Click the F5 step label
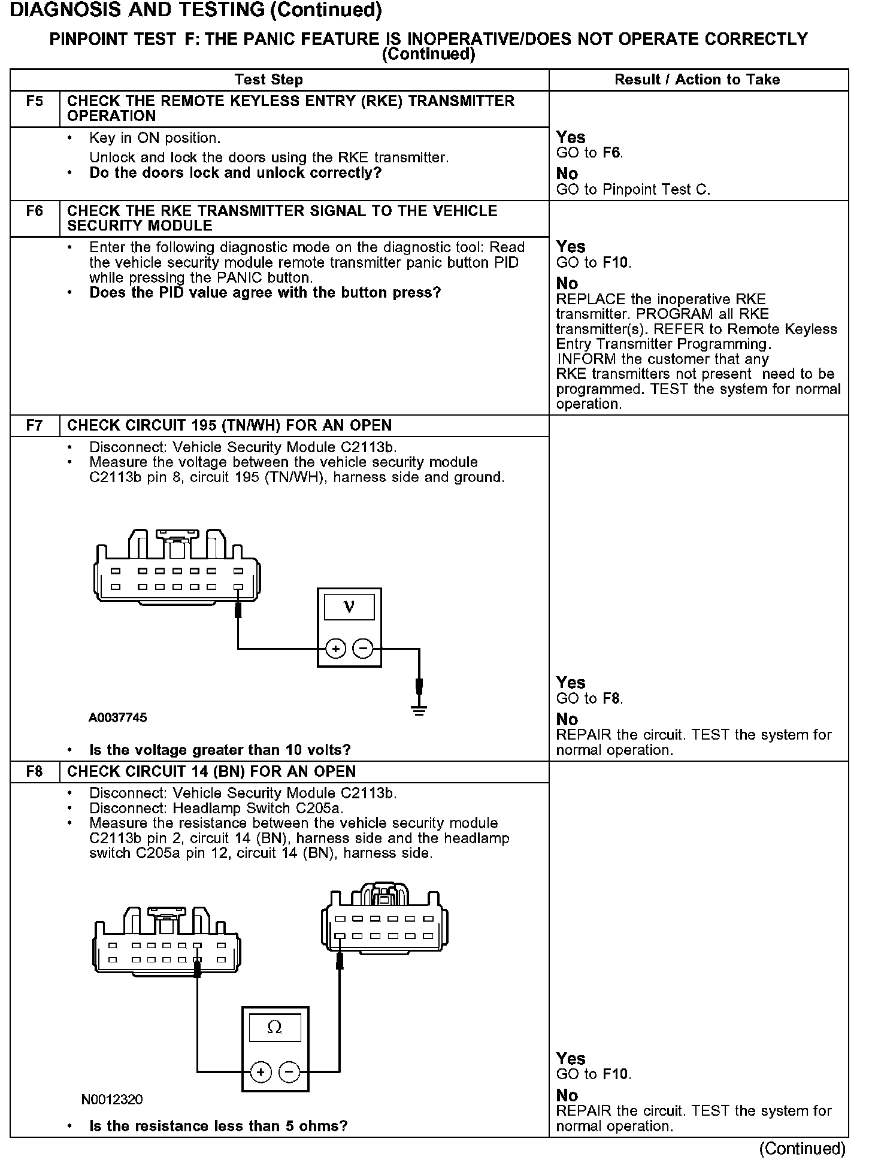(35, 101)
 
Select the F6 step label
(35, 211)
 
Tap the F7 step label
(35, 426)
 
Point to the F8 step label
(35, 772)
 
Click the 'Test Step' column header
(269, 80)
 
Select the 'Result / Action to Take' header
(697, 80)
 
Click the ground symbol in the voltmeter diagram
(419, 711)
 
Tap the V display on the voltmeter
(349, 607)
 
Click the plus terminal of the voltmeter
(335, 649)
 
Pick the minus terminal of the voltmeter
(363, 649)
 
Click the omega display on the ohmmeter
(275, 1028)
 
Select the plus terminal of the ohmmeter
(261, 1071)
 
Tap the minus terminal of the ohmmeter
(289, 1071)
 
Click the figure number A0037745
(117, 717)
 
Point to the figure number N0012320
(113, 1100)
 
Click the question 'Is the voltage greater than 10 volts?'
(220, 750)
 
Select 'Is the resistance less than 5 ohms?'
(218, 1126)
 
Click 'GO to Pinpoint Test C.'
(633, 190)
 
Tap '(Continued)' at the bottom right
(803, 1149)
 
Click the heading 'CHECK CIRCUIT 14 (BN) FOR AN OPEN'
(211, 772)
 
